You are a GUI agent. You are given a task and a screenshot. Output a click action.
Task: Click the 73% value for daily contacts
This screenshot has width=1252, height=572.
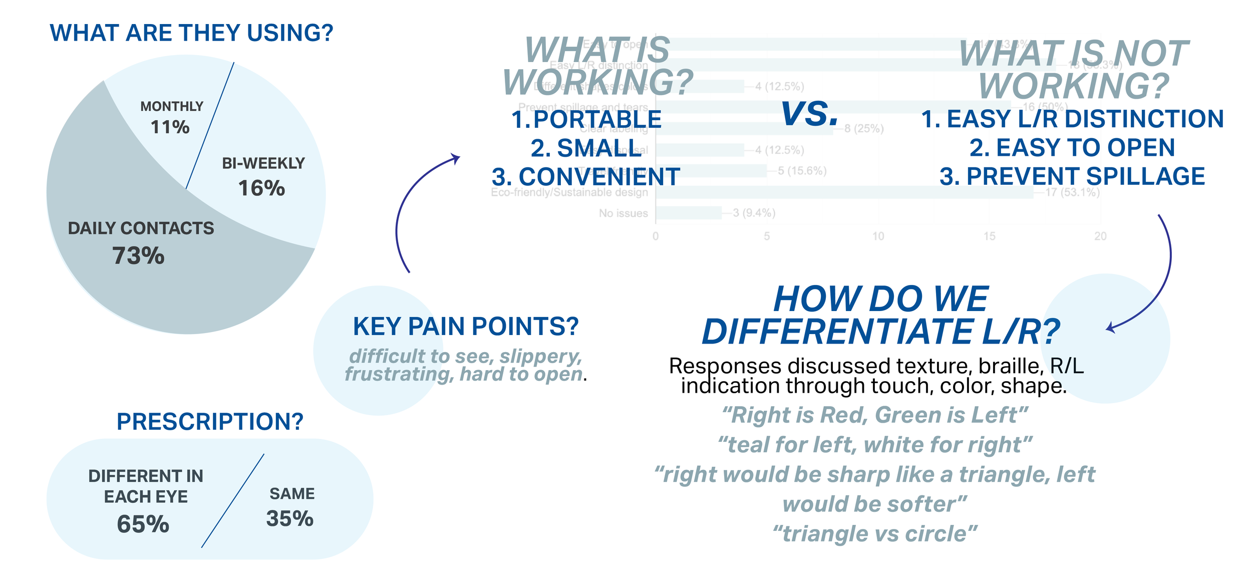[138, 255]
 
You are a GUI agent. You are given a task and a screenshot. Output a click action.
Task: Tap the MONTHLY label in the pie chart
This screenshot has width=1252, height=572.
[172, 106]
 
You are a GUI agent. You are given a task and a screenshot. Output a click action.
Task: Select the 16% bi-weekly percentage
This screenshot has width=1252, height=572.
[261, 188]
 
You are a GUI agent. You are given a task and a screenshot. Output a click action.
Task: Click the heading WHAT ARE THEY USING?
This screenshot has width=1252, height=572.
[191, 33]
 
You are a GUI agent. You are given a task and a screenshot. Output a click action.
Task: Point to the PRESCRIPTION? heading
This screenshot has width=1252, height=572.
[210, 421]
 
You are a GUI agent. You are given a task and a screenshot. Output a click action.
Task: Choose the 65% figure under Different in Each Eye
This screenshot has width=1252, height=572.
[143, 524]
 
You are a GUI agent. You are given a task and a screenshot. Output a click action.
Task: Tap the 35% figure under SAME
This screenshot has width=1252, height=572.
[290, 518]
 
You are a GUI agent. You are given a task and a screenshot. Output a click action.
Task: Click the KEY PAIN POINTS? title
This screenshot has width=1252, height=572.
[466, 327]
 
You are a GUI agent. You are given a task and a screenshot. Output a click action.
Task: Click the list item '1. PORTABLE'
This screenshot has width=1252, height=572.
[586, 119]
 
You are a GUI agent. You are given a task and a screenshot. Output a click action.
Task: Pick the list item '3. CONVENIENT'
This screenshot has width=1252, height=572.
[586, 177]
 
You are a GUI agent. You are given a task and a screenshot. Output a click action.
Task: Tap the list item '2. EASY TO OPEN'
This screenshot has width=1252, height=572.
[1072, 148]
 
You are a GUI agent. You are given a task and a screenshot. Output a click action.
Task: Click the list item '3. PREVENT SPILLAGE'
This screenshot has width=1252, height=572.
[1072, 176]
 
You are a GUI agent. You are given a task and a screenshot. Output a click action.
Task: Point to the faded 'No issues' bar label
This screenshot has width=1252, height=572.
[623, 213]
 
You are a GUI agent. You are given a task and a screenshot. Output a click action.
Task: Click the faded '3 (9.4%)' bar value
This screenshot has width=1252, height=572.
[754, 213]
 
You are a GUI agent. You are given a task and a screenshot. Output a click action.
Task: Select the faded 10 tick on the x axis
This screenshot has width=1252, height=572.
[878, 236]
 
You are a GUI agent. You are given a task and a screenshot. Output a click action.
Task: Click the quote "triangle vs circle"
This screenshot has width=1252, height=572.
[874, 534]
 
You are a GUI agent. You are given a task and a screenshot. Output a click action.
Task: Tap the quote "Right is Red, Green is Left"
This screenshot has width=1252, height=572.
[874, 415]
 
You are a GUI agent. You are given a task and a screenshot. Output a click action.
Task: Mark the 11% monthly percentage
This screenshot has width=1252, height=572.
[170, 127]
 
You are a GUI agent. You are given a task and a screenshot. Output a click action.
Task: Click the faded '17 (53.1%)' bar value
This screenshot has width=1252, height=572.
[1072, 192]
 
